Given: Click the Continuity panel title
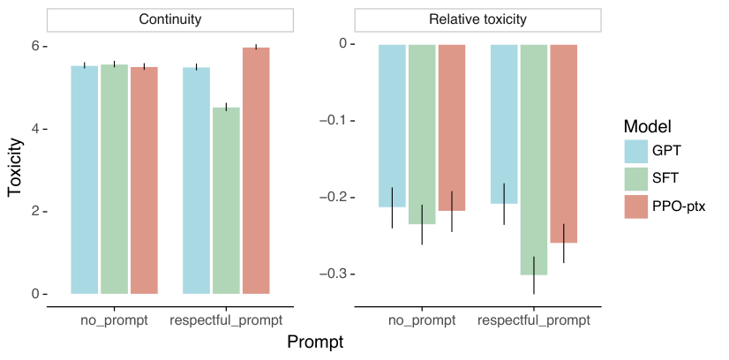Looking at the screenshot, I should click(169, 19).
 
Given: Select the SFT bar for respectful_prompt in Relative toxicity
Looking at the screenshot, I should click(534, 160).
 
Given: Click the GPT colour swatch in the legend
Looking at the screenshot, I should click(635, 150).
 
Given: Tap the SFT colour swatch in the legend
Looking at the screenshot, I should click(635, 178).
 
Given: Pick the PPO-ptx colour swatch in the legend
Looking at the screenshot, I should click(635, 206).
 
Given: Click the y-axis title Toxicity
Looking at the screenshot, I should click(15, 169).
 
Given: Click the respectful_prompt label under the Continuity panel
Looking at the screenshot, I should click(227, 319).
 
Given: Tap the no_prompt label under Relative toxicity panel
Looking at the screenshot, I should click(422, 319).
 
